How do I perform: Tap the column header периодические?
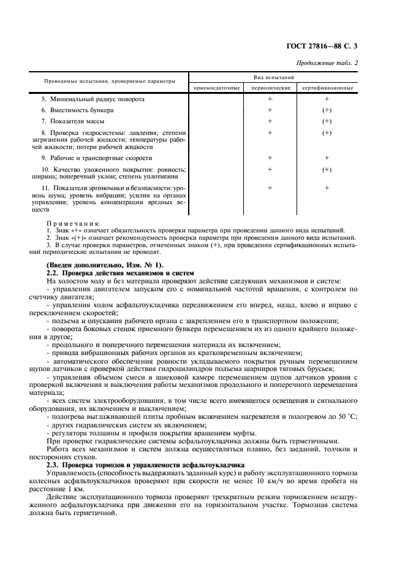[270, 88]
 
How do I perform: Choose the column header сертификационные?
[327, 88]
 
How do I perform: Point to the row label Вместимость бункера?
[77, 110]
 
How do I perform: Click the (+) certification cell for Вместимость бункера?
[327, 110]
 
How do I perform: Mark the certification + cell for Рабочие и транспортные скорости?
[327, 158]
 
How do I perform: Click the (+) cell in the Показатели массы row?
[327, 121]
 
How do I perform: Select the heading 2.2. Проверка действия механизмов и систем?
[120, 272]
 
